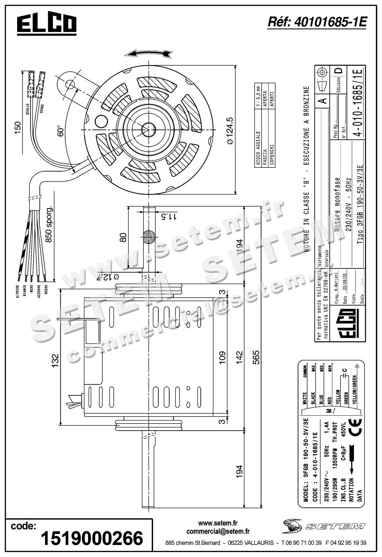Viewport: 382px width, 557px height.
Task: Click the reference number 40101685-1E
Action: [x=317, y=22]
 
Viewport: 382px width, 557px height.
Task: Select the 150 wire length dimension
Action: [x=17, y=128]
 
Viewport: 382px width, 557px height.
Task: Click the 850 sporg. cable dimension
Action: [x=48, y=224]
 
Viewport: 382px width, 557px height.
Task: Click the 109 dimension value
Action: [x=222, y=357]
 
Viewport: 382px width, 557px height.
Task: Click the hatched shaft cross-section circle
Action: [x=149, y=237]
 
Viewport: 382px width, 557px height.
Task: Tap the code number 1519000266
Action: [x=91, y=538]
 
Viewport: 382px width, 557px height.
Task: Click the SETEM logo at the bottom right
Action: [x=324, y=525]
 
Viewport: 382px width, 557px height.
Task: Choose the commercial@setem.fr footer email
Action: [x=218, y=531]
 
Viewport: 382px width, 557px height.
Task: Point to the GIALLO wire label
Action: [x=28, y=109]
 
